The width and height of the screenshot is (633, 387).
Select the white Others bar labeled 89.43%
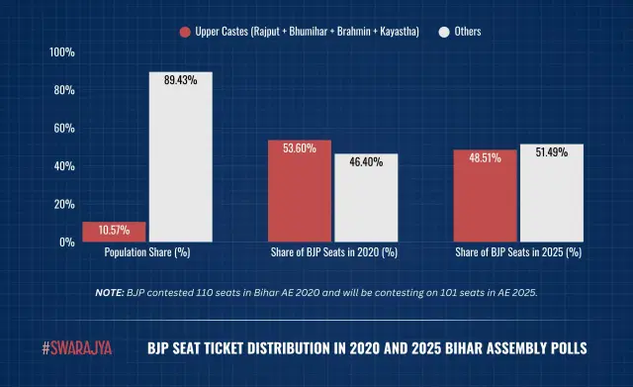click(180, 158)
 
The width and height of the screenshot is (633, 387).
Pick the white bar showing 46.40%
click(365, 198)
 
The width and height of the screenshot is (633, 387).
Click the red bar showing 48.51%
click(485, 196)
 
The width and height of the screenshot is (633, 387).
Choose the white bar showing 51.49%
click(551, 193)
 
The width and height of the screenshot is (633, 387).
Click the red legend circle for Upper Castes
click(185, 33)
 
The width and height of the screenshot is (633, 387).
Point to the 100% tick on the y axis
click(62, 51)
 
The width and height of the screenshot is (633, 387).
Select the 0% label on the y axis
click(66, 242)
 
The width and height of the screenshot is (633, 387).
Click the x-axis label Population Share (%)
click(147, 253)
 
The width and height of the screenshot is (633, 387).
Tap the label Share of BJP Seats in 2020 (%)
click(333, 253)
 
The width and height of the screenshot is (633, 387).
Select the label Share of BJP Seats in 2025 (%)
click(518, 253)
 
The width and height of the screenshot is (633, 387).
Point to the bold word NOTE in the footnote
click(110, 293)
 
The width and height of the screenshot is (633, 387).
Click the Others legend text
click(469, 33)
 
